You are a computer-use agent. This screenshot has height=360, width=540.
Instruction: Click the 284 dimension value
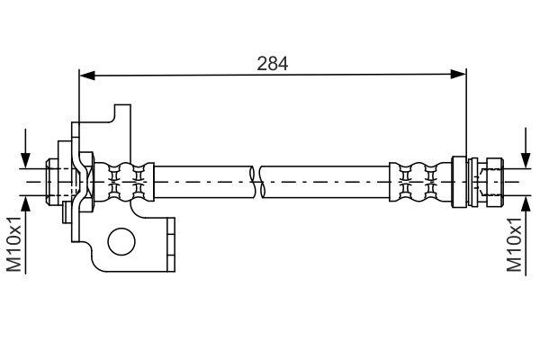click(x=272, y=64)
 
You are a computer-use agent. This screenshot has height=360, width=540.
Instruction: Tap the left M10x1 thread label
click(x=14, y=244)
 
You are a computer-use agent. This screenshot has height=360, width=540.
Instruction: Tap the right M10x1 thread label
click(x=515, y=244)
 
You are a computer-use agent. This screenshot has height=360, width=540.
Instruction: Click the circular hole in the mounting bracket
click(x=121, y=241)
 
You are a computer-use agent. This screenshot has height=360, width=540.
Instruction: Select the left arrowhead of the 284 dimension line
click(x=87, y=75)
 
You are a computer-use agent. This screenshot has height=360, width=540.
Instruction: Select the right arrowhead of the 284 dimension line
click(x=458, y=74)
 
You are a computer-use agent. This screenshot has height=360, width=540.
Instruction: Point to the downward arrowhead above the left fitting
click(x=25, y=160)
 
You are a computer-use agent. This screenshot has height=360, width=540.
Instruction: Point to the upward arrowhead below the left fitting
click(x=25, y=203)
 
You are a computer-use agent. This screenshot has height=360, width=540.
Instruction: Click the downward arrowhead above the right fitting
click(x=526, y=160)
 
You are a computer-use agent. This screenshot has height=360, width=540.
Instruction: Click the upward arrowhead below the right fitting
click(x=526, y=203)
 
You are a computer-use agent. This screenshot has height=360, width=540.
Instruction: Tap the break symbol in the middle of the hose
click(x=256, y=182)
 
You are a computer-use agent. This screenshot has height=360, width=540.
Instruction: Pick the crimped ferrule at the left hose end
click(x=124, y=182)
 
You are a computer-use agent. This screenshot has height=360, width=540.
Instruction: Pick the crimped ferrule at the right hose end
click(x=420, y=182)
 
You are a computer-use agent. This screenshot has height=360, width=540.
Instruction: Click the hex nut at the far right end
click(x=494, y=182)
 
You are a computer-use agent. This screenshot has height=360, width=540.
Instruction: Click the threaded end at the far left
click(x=51, y=182)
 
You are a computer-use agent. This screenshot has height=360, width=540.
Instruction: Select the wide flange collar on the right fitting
click(x=459, y=182)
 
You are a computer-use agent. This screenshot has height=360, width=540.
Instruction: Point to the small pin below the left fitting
click(x=67, y=212)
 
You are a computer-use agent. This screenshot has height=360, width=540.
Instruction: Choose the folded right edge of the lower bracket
click(x=171, y=245)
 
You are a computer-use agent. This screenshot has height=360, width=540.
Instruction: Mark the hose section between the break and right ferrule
click(x=326, y=182)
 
